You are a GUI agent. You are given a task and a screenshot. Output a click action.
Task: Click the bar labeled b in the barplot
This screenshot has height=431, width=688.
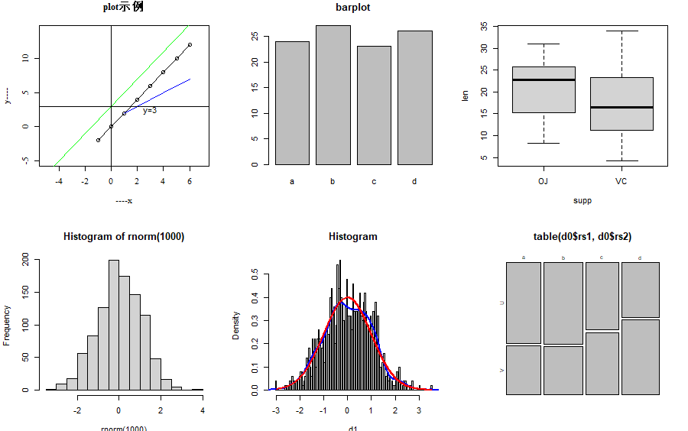point(333,96)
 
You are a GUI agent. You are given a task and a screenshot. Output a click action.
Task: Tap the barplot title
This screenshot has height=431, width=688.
point(353,8)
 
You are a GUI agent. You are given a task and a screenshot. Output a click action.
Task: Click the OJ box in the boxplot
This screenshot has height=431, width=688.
point(544,90)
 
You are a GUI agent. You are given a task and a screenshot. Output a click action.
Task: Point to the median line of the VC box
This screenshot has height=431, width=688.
point(621,107)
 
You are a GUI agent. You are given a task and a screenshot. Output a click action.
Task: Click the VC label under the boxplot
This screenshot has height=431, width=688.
point(621,182)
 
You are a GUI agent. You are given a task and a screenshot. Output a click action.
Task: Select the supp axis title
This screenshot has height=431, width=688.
point(583,201)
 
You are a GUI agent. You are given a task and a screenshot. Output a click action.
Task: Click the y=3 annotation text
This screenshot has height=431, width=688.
point(150,111)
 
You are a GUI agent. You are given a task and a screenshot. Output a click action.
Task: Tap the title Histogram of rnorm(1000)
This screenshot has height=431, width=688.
point(124,237)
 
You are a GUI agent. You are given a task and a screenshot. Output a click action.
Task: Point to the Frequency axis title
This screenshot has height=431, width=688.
point(8,325)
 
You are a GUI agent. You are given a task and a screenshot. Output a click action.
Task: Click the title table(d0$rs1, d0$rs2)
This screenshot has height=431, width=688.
point(583,237)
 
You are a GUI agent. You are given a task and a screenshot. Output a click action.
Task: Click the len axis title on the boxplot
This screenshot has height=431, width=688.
point(466,96)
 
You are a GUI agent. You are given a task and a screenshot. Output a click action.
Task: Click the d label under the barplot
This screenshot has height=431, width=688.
point(414,182)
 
